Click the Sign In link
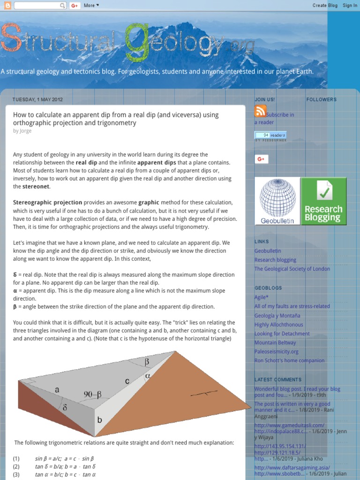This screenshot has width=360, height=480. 350,6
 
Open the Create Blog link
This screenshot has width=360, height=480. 325,6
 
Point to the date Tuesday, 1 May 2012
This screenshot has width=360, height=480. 37,99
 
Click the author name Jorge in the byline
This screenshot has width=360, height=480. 25,131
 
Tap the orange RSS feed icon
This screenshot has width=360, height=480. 260,112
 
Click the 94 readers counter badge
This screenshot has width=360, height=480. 270,135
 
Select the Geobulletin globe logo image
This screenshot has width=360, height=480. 277,201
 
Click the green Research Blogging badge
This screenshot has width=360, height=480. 323,201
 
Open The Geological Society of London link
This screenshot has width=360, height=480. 292,269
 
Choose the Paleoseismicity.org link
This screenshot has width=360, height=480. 276,352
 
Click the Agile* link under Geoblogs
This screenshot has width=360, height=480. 262,297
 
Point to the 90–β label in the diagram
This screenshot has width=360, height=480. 93,395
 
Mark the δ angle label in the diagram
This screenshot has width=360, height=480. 65,408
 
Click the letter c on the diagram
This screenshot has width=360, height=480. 127,382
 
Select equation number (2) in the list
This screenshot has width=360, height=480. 16,466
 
